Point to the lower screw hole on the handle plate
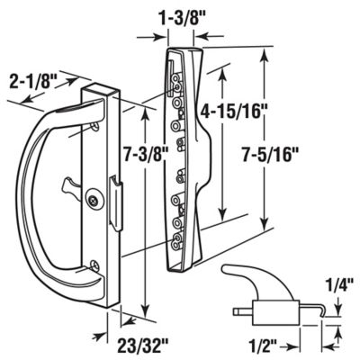point(95,264)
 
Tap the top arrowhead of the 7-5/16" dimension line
point(265,54)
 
